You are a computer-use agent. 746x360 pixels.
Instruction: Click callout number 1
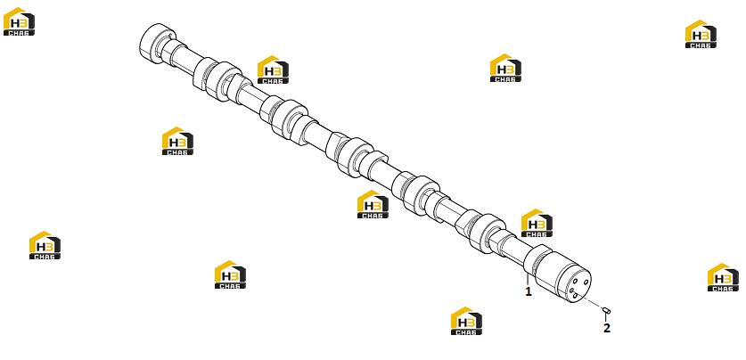(529, 291)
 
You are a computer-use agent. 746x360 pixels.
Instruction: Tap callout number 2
(607, 328)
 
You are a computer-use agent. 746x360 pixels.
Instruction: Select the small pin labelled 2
(606, 310)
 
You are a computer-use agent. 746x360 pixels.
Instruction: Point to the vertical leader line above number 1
(528, 279)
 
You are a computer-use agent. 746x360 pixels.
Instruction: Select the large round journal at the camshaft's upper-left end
(156, 42)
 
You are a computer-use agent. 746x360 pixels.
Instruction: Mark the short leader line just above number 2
(606, 318)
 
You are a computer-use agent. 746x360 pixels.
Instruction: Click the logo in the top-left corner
(19, 21)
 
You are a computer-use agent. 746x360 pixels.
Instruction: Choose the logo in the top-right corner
(701, 34)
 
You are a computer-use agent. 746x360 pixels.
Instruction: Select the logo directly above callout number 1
(537, 223)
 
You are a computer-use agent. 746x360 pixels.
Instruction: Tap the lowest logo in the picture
(466, 321)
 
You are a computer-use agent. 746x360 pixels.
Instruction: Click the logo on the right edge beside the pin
(723, 277)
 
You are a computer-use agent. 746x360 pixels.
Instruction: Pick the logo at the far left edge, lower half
(45, 245)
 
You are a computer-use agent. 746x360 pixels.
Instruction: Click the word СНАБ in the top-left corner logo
(19, 33)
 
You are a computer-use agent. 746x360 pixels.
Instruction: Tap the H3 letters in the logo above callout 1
(537, 224)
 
